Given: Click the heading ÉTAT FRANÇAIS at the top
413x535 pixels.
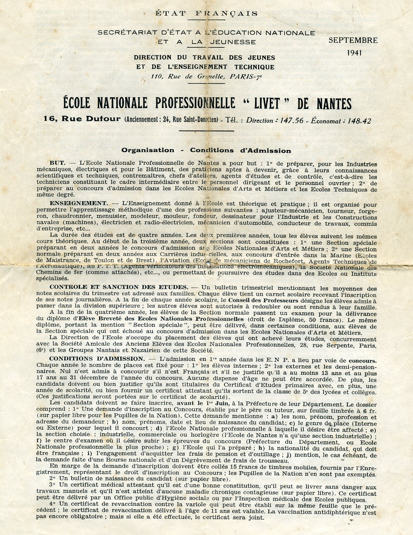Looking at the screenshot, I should click(206, 14).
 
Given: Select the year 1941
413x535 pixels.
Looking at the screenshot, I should click(354, 53).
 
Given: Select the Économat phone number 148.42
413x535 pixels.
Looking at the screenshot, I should click(357, 121).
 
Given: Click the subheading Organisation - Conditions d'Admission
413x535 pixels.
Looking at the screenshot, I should click(206, 150).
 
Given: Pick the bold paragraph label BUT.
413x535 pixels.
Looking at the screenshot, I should click(58, 163).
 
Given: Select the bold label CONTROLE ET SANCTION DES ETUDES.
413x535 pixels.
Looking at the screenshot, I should click(119, 287).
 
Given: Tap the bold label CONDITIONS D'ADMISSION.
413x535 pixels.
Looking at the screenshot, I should click(96, 359).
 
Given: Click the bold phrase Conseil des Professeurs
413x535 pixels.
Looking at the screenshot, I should click(263, 301).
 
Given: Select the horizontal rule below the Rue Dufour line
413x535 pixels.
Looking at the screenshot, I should click(206, 131).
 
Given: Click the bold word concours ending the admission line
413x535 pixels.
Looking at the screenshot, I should click(362, 360).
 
